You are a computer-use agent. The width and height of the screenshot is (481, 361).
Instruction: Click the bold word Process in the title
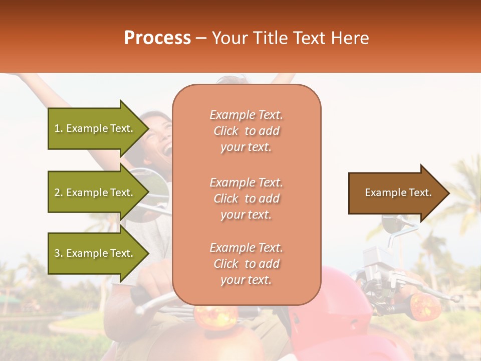pos(157,38)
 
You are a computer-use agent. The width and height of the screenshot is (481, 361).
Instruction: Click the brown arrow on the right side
pos(396,193)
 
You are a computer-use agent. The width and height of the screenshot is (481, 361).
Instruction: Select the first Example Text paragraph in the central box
pos(246,131)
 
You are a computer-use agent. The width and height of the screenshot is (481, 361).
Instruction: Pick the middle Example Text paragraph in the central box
pos(246,199)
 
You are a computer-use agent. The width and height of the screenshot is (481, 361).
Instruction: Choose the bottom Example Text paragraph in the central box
pos(246,264)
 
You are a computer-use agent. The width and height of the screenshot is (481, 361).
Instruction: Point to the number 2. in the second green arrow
pos(59,193)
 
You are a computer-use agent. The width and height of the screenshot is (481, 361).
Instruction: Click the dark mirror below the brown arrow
pos(394,223)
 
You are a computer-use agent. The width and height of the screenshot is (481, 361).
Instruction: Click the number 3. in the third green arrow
pos(59,253)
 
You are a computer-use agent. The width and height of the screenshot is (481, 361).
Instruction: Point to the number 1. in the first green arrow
pos(59,128)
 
